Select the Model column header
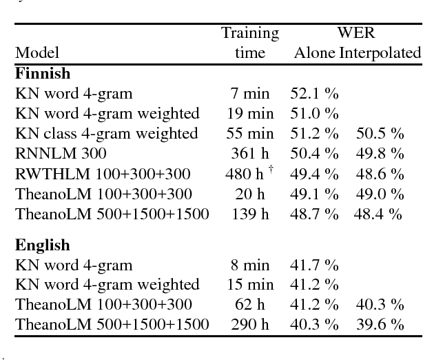point(37,52)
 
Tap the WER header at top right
point(355,33)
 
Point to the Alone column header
point(315,52)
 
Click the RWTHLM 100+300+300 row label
point(102,173)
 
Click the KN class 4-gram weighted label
point(107,133)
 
